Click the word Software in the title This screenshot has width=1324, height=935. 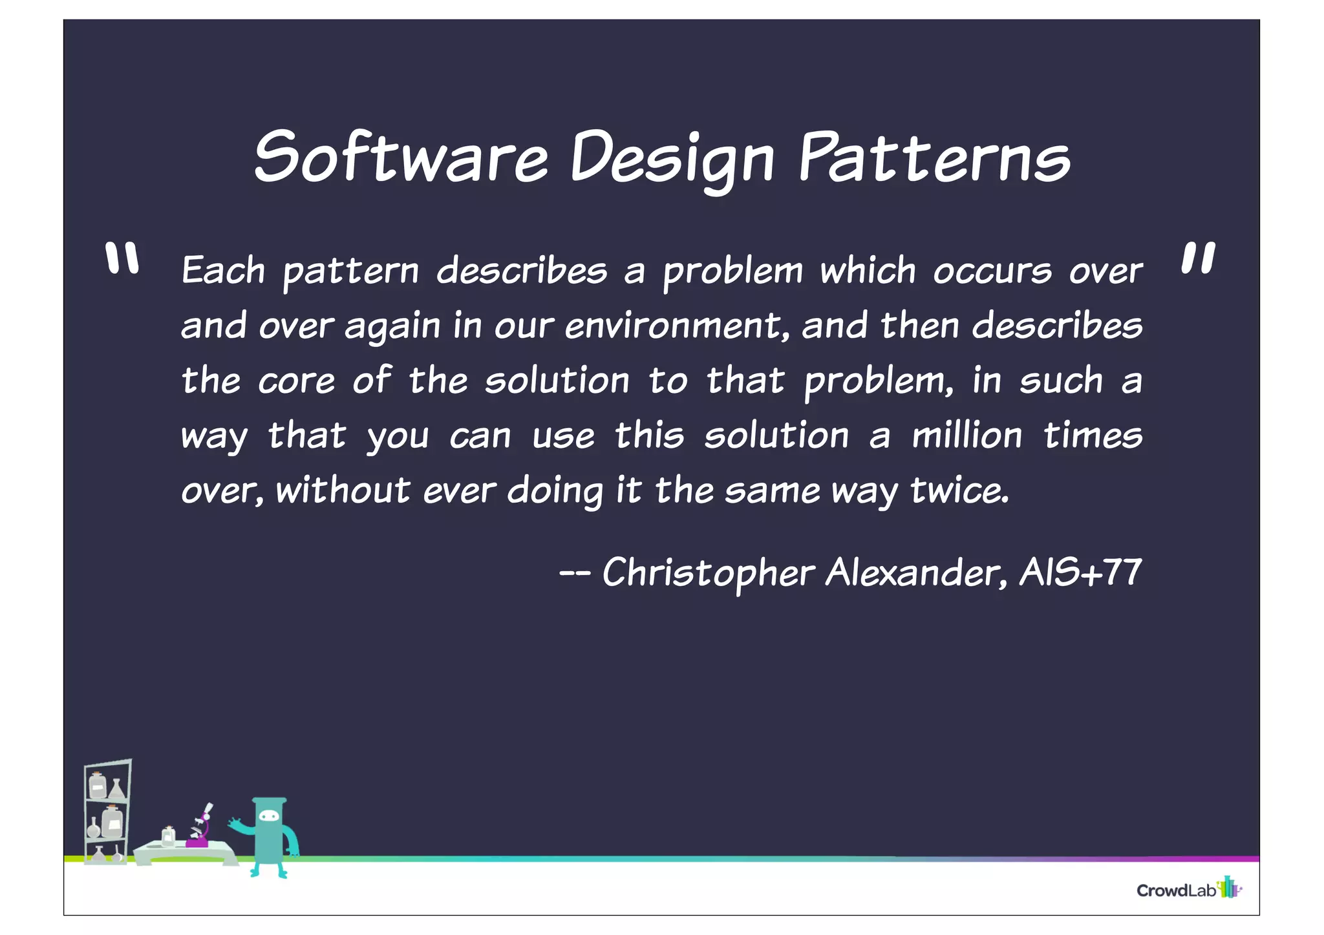(401, 157)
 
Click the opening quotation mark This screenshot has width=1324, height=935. (122, 258)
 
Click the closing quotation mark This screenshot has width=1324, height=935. (1198, 258)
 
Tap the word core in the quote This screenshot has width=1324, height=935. (296, 381)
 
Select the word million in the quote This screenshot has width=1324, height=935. (967, 436)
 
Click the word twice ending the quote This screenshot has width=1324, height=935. (959, 490)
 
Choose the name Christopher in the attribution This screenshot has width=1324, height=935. (708, 573)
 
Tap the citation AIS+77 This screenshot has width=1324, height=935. (1080, 573)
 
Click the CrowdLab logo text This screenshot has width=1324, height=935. (1177, 890)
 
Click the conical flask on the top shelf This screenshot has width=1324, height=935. (116, 789)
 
